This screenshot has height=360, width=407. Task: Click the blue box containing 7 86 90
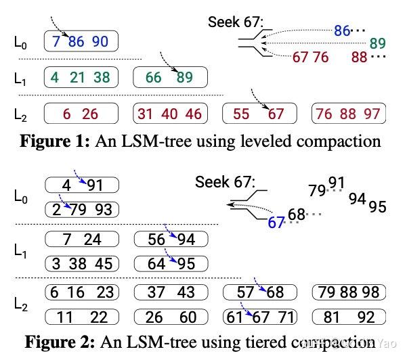tap(81, 42)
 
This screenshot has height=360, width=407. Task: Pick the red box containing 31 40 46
tap(170, 114)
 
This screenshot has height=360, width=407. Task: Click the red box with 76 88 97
tap(348, 114)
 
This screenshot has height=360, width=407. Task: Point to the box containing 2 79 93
tap(82, 209)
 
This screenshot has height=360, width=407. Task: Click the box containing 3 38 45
tap(82, 263)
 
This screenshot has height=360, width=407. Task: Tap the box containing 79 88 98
tap(349, 292)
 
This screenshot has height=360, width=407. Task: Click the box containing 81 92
tap(349, 317)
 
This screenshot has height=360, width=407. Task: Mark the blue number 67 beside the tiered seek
tap(276, 221)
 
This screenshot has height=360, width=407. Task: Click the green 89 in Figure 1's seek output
tap(377, 43)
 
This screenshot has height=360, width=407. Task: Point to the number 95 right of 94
tap(379, 206)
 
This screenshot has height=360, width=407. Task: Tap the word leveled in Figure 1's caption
tap(255, 141)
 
